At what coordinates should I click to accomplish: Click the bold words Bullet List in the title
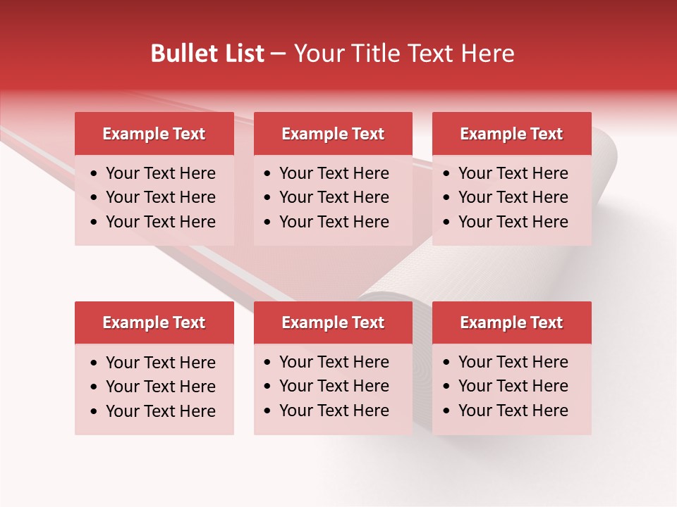(x=207, y=54)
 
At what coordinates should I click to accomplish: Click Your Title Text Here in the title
(x=403, y=54)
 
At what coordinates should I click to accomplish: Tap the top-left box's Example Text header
(x=154, y=134)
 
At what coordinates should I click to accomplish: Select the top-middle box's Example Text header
(x=333, y=134)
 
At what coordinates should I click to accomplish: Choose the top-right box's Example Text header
(x=511, y=134)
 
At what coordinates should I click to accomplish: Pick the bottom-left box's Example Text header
(x=154, y=323)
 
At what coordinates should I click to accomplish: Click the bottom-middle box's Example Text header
(x=333, y=323)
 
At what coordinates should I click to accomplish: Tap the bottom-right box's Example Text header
(x=511, y=323)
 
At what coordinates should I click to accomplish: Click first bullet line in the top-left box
(x=160, y=173)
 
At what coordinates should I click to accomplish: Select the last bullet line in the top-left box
(x=160, y=222)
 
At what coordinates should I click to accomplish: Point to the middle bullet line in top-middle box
(x=334, y=197)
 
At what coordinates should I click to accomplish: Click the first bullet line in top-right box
(x=513, y=173)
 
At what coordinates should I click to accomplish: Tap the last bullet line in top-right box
(x=513, y=222)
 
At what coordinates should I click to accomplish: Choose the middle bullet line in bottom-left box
(x=160, y=387)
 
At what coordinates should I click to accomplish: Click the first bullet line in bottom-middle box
(x=334, y=362)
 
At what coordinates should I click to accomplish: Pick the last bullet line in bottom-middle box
(x=334, y=411)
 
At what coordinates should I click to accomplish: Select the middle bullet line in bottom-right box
(x=513, y=386)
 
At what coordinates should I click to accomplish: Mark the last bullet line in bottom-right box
(x=513, y=411)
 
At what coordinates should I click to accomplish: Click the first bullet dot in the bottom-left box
(x=94, y=363)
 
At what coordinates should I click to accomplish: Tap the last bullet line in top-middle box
(x=334, y=222)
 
